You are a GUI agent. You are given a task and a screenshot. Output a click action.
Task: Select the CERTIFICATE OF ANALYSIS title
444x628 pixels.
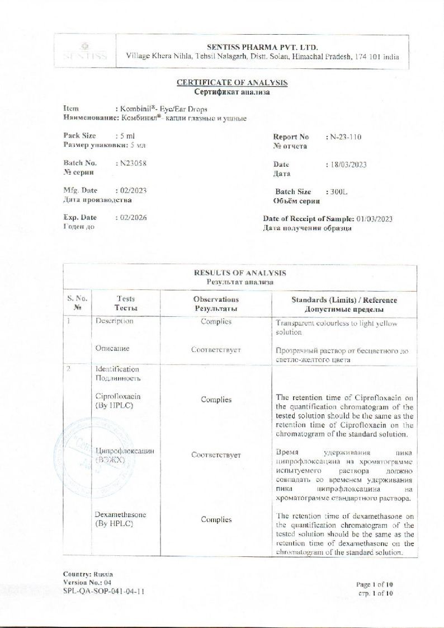point(232,83)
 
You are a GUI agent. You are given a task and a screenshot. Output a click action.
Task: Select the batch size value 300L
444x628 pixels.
point(339,191)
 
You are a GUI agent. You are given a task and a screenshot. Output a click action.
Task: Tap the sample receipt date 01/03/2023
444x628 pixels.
point(374,219)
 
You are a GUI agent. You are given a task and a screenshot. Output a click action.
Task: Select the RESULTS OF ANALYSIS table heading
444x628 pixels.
point(240,273)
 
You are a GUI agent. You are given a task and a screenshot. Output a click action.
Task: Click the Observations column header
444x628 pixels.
point(216,299)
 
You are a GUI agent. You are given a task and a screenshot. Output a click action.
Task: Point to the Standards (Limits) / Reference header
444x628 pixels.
point(344,300)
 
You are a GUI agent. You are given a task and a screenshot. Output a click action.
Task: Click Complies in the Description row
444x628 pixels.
point(216,322)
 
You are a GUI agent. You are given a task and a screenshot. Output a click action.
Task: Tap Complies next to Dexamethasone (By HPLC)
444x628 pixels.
point(216,519)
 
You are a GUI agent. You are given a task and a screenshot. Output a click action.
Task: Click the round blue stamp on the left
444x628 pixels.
point(74,448)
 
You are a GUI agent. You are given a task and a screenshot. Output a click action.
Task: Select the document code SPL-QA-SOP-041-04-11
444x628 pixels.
point(100,590)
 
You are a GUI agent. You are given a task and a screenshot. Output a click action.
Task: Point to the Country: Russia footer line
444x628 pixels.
point(88,574)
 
